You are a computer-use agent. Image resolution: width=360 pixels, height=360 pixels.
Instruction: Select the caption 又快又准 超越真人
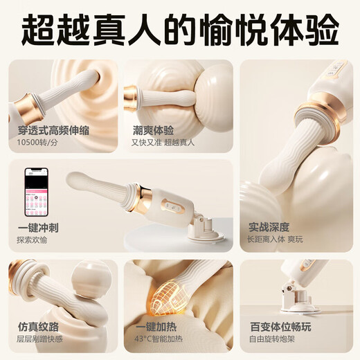(x=163, y=142)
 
